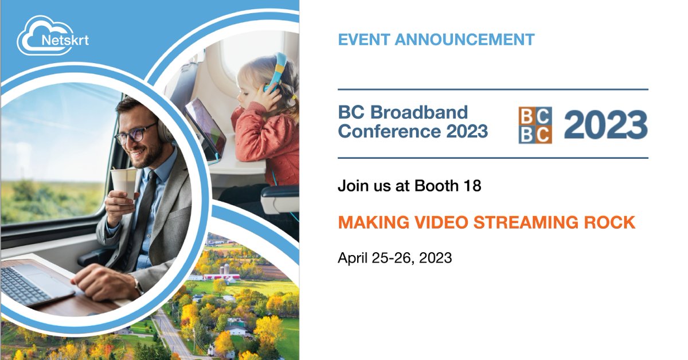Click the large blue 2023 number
pyautogui.click(x=605, y=125)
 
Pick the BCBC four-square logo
pyautogui.click(x=535, y=125)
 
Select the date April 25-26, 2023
pyautogui.click(x=394, y=258)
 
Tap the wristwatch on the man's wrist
pyautogui.click(x=138, y=285)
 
